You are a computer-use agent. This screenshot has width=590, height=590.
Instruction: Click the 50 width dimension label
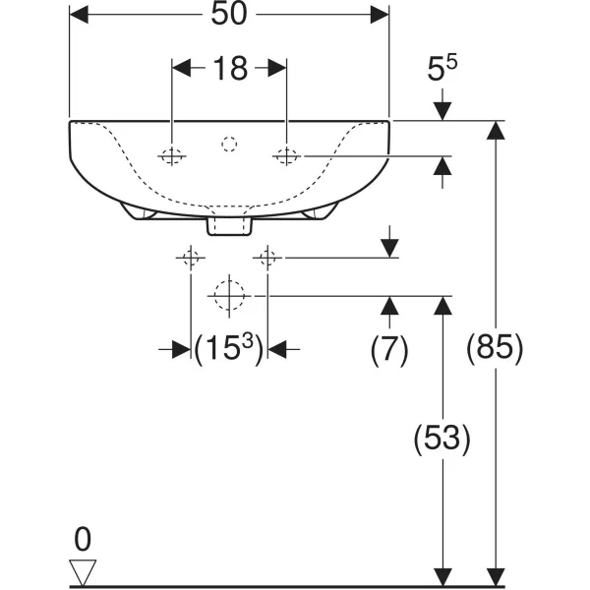click(x=229, y=15)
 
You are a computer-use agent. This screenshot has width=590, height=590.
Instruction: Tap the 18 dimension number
click(x=230, y=69)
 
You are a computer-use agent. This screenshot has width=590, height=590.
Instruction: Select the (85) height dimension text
click(x=495, y=348)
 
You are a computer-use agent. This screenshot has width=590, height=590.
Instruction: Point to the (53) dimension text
click(x=442, y=439)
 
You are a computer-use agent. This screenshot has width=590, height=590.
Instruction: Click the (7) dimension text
click(x=389, y=349)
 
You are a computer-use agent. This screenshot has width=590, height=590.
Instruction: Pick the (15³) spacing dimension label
click(x=229, y=349)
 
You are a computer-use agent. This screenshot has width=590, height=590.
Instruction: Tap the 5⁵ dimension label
click(x=442, y=68)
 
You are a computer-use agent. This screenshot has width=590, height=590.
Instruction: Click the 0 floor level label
click(x=83, y=539)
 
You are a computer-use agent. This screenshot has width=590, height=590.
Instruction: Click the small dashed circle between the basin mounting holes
click(x=229, y=145)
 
